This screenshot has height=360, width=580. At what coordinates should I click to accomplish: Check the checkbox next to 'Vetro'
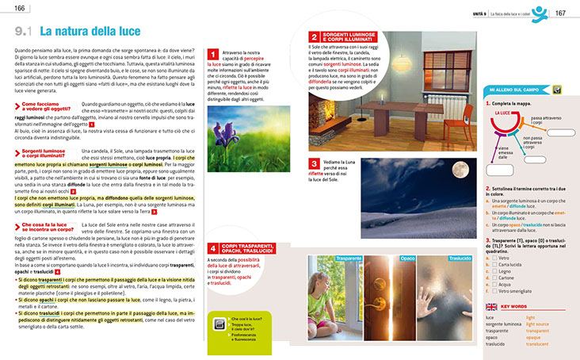tap(494, 258)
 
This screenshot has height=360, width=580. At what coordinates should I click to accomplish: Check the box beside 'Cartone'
tap(494, 278)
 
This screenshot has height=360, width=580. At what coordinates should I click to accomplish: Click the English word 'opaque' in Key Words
tap(537, 337)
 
